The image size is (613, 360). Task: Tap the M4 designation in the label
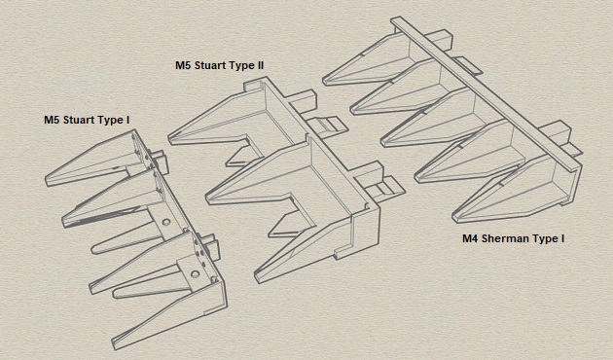[x=472, y=238]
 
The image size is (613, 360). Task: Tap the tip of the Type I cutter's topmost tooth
[x=48, y=179]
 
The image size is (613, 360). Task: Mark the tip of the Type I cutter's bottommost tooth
[x=114, y=342]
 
